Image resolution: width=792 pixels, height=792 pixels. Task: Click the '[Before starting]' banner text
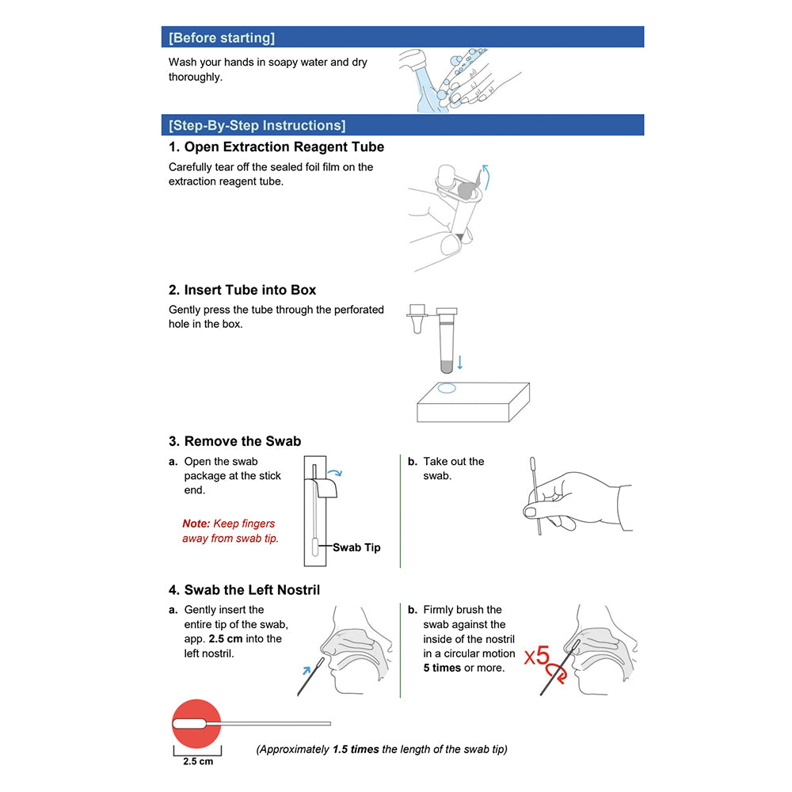pyautogui.click(x=222, y=37)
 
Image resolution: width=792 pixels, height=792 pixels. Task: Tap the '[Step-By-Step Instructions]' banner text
pyautogui.click(x=257, y=125)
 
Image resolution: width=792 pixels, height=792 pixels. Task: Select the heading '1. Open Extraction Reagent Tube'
pyautogui.click(x=276, y=147)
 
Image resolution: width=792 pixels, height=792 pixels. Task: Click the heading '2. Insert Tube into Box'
pyautogui.click(x=242, y=290)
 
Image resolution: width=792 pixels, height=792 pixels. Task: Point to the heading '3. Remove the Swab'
pyautogui.click(x=234, y=441)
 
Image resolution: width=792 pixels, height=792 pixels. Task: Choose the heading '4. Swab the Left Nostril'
pyautogui.click(x=244, y=590)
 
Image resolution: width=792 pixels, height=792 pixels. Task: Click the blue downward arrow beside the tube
pyautogui.click(x=460, y=363)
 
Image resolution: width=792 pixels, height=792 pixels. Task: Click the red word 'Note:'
pyautogui.click(x=196, y=524)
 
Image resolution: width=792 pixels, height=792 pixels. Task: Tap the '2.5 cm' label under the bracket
pyautogui.click(x=197, y=762)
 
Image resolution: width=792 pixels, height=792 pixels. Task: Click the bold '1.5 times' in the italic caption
pyautogui.click(x=355, y=749)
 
